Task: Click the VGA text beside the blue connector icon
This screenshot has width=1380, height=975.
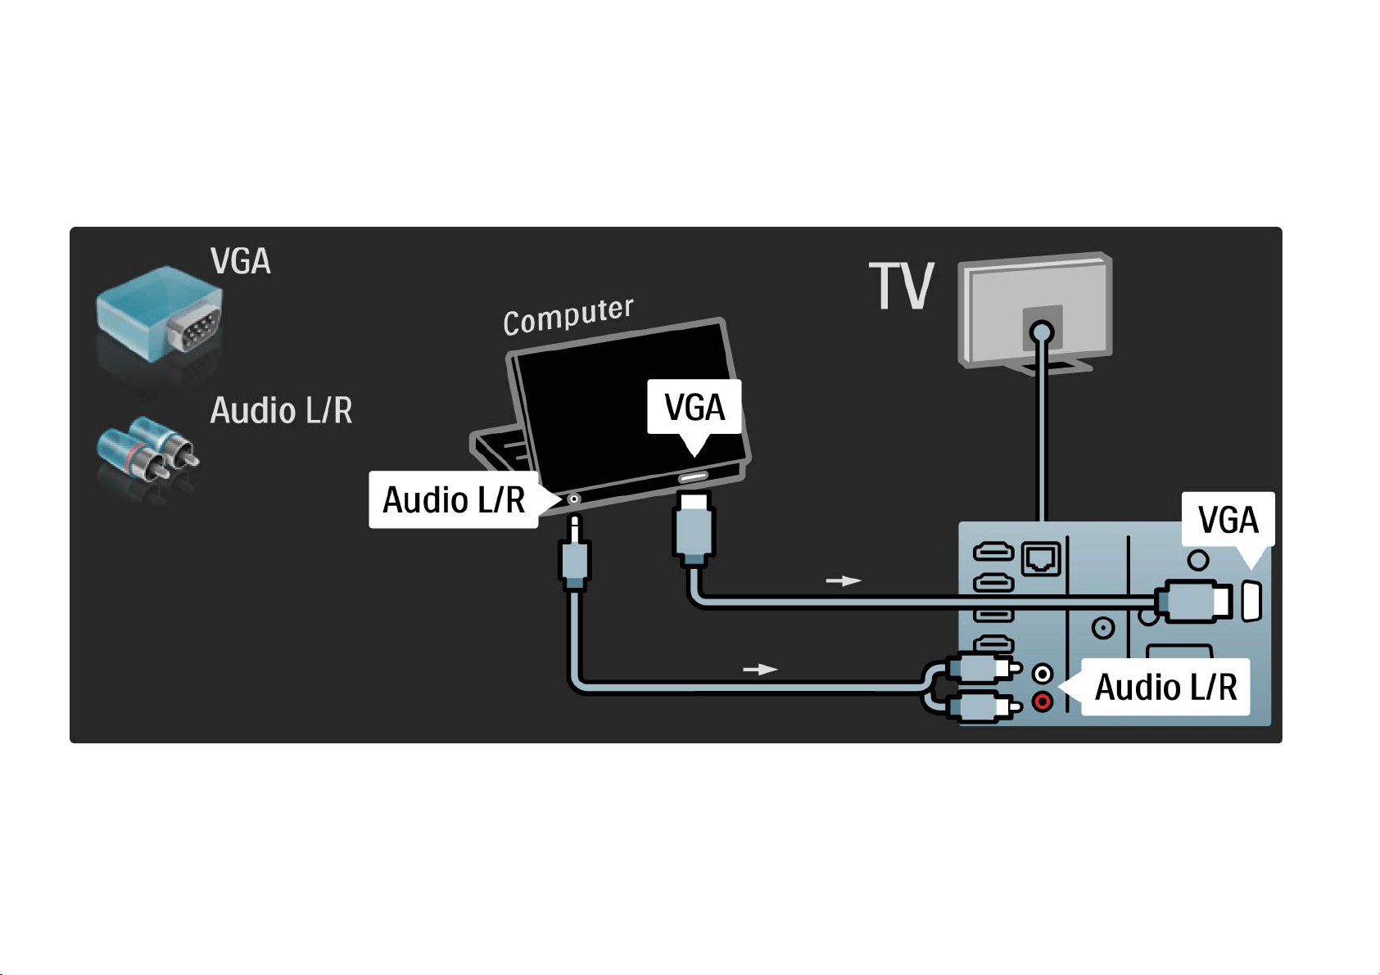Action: (240, 261)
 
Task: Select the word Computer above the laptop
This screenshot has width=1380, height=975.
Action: (568, 316)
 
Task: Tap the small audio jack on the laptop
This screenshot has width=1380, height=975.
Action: (574, 499)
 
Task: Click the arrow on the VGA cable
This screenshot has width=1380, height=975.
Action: (844, 580)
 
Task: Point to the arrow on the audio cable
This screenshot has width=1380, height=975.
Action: (760, 669)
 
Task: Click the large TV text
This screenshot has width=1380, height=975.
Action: (902, 286)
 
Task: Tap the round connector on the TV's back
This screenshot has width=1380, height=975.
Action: (1042, 333)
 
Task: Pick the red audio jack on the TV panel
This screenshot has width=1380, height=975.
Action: (1043, 702)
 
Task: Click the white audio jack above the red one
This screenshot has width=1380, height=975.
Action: (1043, 674)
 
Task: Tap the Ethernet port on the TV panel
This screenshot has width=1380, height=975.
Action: (1041, 559)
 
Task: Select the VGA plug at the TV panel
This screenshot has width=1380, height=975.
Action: (1193, 601)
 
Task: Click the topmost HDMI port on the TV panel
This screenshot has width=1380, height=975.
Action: (993, 552)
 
